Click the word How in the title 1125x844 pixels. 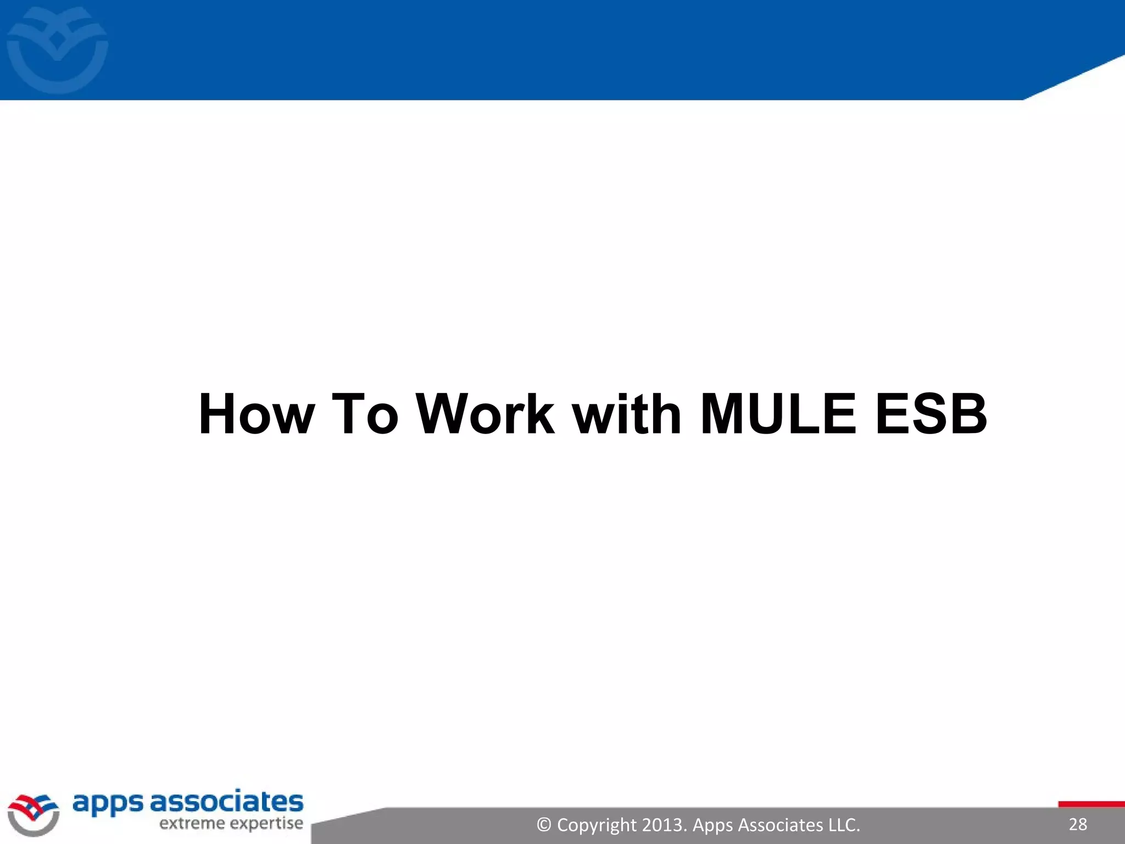(x=257, y=414)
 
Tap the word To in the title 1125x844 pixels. (x=365, y=414)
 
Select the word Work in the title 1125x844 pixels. (x=485, y=414)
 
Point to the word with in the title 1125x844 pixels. (x=627, y=414)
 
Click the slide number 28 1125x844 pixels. (x=1078, y=824)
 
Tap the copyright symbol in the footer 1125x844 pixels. (x=544, y=825)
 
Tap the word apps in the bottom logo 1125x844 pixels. (x=108, y=804)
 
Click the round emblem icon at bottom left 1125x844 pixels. (x=34, y=815)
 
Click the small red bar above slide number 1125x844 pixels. (x=1091, y=804)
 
